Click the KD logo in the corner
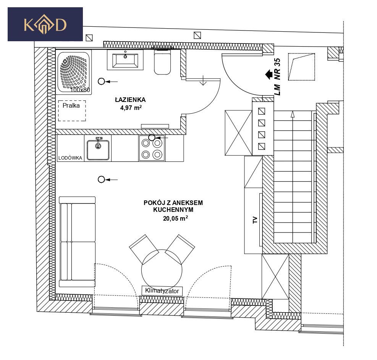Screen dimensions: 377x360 click(45, 24)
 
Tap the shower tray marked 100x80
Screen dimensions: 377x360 click(74, 72)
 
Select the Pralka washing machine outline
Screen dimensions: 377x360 click(72, 111)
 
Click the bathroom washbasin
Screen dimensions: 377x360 click(125, 60)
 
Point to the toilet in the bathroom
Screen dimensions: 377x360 click(162, 61)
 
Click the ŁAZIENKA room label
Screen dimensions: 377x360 click(130, 100)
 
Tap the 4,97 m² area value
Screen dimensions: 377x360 click(131, 108)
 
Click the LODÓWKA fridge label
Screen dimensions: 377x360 click(70, 158)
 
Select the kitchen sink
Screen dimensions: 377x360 click(98, 149)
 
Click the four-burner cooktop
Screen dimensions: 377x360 click(152, 149)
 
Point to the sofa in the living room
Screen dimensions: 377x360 click(78, 242)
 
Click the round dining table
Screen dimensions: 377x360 click(162, 270)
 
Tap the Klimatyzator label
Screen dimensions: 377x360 click(162, 291)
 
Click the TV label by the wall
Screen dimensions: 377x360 click(255, 220)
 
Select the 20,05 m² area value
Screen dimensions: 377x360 click(175, 218)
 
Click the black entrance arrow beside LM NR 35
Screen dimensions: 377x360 click(269, 74)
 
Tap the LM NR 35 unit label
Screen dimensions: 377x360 click(277, 77)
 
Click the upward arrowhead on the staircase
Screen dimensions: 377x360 click(292, 114)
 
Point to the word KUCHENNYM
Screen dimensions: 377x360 click(173, 210)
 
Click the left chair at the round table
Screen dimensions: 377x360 click(144, 249)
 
